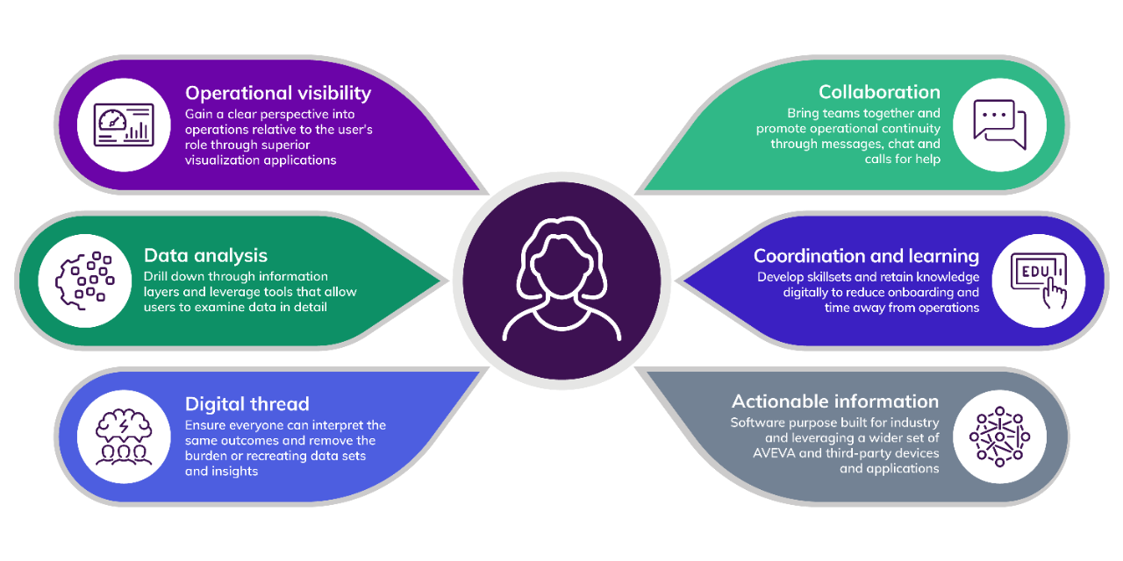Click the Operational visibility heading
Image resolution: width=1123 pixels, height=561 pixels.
(x=277, y=93)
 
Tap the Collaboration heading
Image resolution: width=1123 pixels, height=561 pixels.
(x=878, y=92)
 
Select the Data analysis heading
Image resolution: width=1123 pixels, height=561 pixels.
(x=205, y=256)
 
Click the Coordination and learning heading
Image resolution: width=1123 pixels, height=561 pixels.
(x=866, y=256)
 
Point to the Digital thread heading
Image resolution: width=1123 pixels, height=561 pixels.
(x=247, y=404)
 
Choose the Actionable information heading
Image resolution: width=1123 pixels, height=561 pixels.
(x=835, y=401)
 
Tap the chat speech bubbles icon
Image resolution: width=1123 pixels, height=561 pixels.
(x=998, y=125)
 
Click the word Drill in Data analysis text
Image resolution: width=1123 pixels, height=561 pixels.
(x=157, y=277)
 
